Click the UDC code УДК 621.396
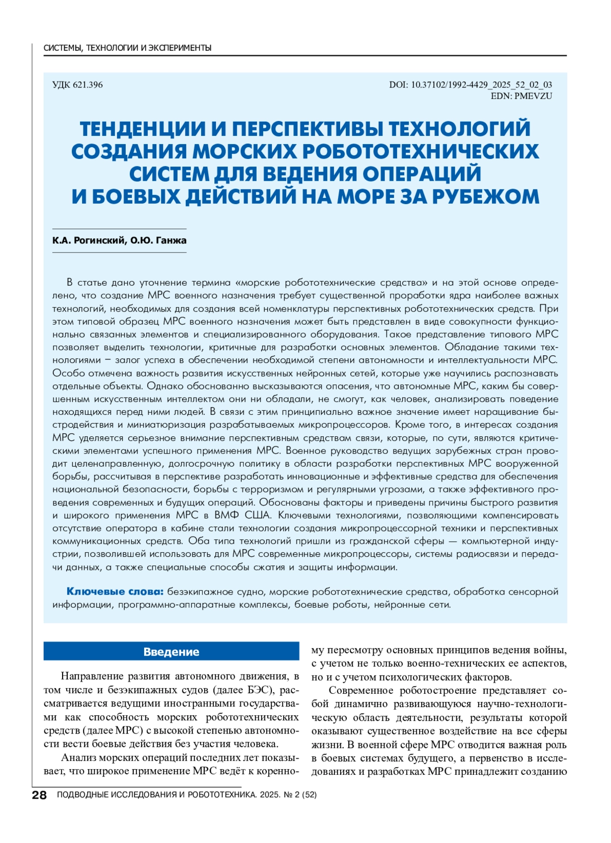tap(77, 85)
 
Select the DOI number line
tap(470, 85)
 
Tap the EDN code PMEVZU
tap(521, 96)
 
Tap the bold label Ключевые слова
tap(115, 592)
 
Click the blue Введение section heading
tap(171, 652)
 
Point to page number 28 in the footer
tap(39, 795)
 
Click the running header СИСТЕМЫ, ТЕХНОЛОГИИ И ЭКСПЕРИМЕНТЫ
tap(127, 48)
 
